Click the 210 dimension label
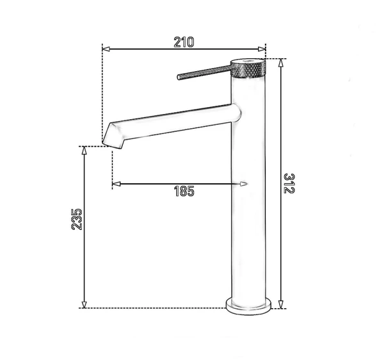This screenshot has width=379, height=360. (x=184, y=42)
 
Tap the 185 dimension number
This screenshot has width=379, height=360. (x=184, y=192)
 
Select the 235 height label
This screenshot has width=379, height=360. (x=77, y=219)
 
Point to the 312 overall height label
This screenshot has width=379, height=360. (x=289, y=183)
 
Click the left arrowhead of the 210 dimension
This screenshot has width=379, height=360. (x=106, y=49)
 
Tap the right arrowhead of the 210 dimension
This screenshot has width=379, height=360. (x=262, y=49)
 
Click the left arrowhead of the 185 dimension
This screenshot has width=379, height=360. (x=117, y=184)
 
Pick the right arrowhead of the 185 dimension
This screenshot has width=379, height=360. (x=244, y=184)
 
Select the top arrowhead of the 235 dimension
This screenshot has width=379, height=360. (x=84, y=151)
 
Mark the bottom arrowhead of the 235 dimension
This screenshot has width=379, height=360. (x=84, y=304)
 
